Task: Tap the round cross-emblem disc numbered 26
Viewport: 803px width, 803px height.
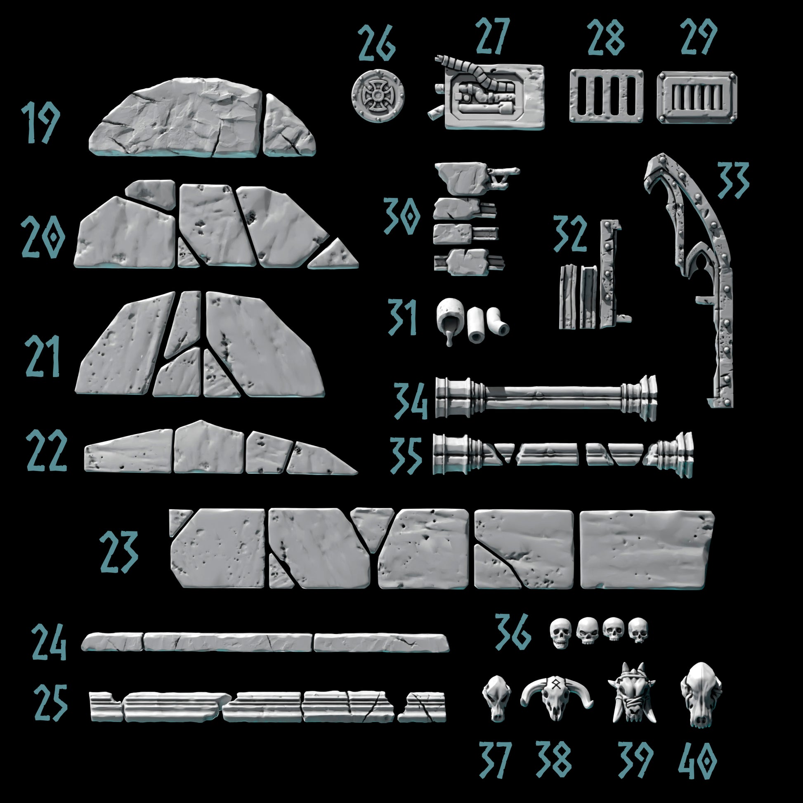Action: coord(378,95)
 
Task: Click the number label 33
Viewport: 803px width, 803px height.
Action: coord(733,180)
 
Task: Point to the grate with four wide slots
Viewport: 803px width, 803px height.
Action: coord(606,96)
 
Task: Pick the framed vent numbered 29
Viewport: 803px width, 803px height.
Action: coord(697,97)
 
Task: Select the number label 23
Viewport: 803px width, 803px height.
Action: coord(118,553)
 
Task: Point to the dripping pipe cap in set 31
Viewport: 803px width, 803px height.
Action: coord(450,320)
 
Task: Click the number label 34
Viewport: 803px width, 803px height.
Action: coord(410,401)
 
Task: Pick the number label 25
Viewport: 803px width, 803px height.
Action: coord(51,703)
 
